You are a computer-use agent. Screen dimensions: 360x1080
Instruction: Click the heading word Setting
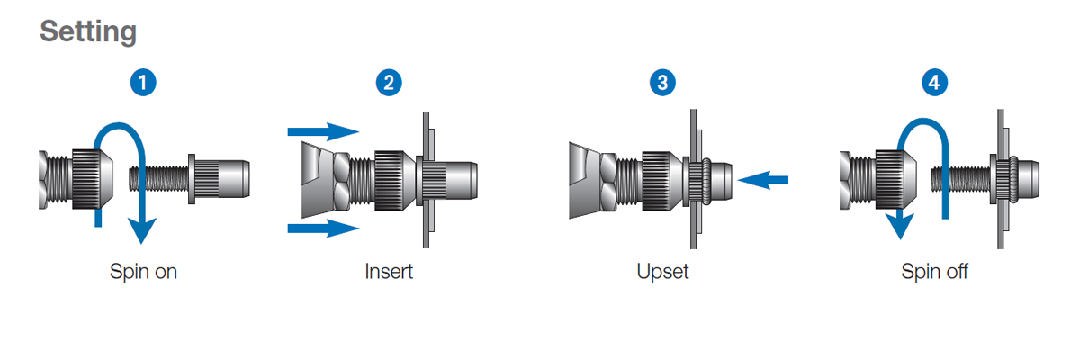88,32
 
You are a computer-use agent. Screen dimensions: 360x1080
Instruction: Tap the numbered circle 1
143,84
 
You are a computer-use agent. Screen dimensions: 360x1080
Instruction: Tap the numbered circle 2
389,84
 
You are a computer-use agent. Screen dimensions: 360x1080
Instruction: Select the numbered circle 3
663,84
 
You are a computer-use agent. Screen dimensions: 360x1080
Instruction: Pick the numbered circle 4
935,84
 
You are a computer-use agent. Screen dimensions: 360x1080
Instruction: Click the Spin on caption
143,271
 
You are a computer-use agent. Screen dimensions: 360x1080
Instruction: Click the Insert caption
389,271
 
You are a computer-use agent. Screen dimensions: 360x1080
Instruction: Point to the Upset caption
662,271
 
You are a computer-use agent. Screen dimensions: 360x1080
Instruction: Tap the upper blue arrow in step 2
324,132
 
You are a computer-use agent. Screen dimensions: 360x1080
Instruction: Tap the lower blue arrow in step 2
324,229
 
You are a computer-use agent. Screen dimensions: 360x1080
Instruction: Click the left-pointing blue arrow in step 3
762,181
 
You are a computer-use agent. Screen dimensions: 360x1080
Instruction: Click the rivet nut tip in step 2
459,178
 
